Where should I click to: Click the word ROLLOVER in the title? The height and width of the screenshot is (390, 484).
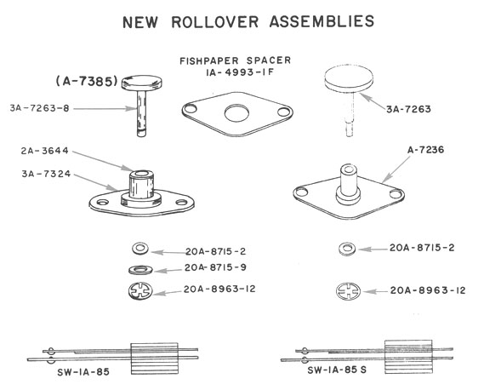pyautogui.click(x=215, y=22)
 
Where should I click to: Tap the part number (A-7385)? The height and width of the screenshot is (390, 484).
pyautogui.click(x=87, y=81)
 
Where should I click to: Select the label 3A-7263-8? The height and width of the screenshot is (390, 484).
pyautogui.click(x=39, y=108)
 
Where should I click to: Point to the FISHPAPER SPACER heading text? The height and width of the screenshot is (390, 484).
pyautogui.click(x=236, y=60)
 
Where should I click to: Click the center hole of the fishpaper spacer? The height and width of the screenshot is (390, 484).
pyautogui.click(x=236, y=113)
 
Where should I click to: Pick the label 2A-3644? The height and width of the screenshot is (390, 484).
pyautogui.click(x=45, y=151)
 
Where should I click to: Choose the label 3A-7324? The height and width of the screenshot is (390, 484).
pyautogui.click(x=46, y=174)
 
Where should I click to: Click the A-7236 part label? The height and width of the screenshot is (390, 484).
pyautogui.click(x=425, y=150)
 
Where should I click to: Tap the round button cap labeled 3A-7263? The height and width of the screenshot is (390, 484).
pyautogui.click(x=349, y=78)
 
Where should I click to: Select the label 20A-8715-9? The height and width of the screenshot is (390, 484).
pyautogui.click(x=215, y=267)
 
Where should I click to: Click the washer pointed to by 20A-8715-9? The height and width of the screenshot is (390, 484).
pyautogui.click(x=140, y=270)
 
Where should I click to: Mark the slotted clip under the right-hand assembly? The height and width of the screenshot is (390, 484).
pyautogui.click(x=348, y=291)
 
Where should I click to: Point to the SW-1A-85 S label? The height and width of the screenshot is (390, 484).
pyautogui.click(x=337, y=370)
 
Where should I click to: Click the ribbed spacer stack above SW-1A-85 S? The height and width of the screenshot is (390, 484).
pyautogui.click(x=408, y=357)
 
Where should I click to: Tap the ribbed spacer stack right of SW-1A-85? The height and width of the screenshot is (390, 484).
pyautogui.click(x=155, y=358)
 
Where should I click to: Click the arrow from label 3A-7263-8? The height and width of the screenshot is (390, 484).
pyautogui.click(x=105, y=108)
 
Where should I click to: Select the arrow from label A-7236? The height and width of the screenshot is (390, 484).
pyautogui.click(x=396, y=169)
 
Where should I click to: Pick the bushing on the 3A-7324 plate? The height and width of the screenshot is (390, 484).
pyautogui.click(x=141, y=184)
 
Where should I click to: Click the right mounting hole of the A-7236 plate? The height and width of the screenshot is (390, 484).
pyautogui.click(x=395, y=194)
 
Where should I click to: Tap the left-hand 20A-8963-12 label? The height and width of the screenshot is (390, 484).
pyautogui.click(x=219, y=289)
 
